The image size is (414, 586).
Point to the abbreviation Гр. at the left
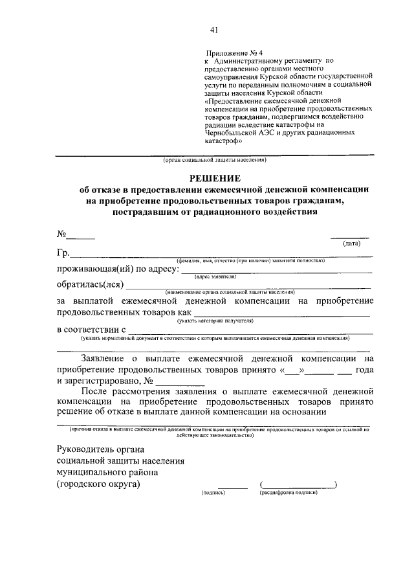click(62, 253)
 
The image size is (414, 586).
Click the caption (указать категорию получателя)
click(215, 321)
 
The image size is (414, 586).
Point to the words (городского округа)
click(98, 484)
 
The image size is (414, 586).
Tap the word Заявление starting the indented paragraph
click(107, 358)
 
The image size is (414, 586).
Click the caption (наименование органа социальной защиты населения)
click(230, 292)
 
